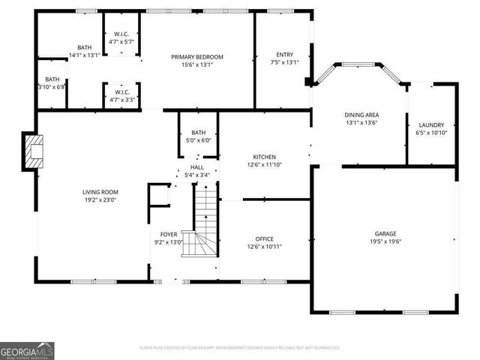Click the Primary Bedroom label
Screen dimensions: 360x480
point(197,57)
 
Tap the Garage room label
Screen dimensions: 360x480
point(385,233)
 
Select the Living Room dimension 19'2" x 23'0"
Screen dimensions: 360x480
point(100,200)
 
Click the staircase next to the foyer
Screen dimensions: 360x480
point(202,225)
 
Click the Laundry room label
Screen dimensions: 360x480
point(431,124)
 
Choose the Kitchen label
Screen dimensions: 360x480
point(264,157)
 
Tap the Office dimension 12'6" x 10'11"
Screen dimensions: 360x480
point(264,247)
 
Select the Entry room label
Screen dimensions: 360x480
point(284,54)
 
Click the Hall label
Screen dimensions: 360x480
point(197,167)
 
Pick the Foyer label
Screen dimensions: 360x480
point(169,234)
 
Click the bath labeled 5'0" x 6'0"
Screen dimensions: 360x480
point(198,136)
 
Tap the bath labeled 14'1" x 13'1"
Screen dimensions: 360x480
point(84,51)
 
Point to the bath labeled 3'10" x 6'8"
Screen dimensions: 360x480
point(52,82)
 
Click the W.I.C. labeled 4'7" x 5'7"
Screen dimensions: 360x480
point(121,37)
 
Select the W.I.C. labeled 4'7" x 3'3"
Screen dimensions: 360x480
point(121,95)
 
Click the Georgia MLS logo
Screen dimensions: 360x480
point(27,350)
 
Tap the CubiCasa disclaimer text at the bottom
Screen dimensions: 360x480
point(240,348)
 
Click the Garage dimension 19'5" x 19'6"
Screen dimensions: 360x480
point(385,241)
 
